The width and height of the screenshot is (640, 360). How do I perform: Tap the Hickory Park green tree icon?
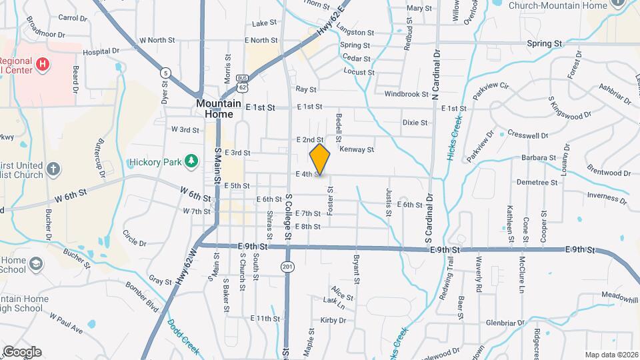(x=191, y=161)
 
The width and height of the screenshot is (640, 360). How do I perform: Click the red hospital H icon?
(x=43, y=64)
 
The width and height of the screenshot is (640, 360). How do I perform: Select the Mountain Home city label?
(x=215, y=109)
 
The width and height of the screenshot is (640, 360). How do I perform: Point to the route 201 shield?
(x=287, y=267)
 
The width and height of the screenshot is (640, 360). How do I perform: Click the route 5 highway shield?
(x=165, y=72)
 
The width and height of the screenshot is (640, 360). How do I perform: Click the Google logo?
(x=22, y=351)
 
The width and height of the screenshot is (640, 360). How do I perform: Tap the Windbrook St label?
(x=406, y=94)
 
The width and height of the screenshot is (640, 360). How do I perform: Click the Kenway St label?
(x=357, y=149)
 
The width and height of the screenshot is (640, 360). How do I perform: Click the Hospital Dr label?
(x=101, y=51)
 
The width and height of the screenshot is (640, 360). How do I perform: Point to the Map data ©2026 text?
(x=611, y=355)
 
